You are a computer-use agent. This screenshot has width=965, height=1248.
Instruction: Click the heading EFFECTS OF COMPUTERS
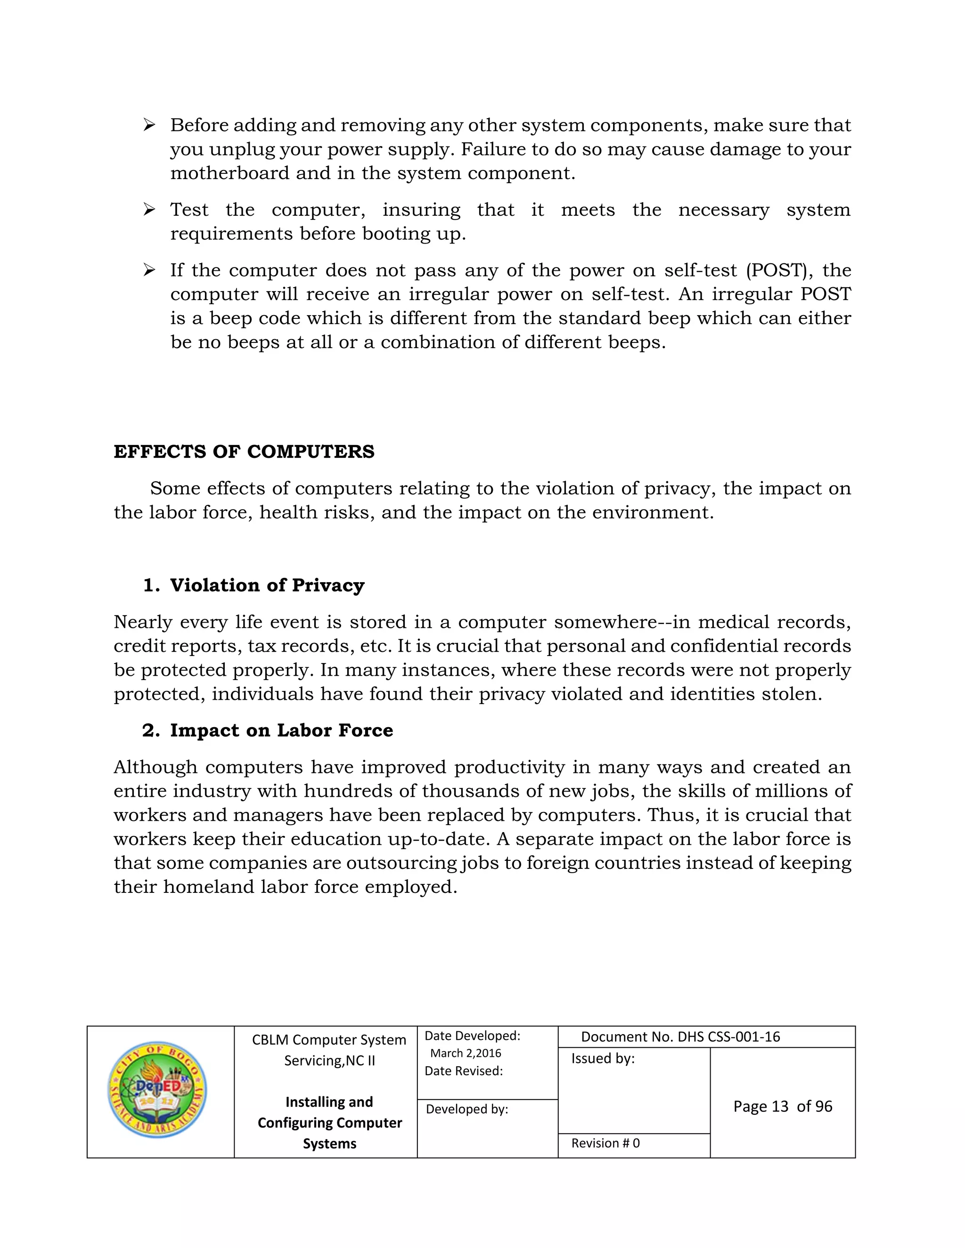pos(244,452)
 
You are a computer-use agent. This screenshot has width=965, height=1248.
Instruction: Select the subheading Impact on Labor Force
pos(281,730)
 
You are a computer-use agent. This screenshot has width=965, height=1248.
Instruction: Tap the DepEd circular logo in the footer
pos(157,1089)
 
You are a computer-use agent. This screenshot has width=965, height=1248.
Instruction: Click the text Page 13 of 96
pos(783,1106)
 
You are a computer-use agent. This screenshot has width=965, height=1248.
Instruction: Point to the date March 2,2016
pos(466,1053)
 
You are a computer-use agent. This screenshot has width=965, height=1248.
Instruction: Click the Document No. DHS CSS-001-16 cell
pos(680,1037)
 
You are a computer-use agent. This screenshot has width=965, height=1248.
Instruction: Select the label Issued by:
pos(603,1058)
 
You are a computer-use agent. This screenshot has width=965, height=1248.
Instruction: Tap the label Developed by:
pos(466,1109)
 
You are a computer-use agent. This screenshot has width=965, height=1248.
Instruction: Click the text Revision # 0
pos(605,1143)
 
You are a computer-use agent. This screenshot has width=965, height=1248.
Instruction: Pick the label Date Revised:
pos(464,1071)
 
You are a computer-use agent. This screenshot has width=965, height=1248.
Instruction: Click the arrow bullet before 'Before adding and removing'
pos(149,125)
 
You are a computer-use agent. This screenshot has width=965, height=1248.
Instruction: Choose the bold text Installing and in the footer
pos(329,1102)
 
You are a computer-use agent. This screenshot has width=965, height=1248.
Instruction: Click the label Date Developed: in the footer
pos(472,1036)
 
